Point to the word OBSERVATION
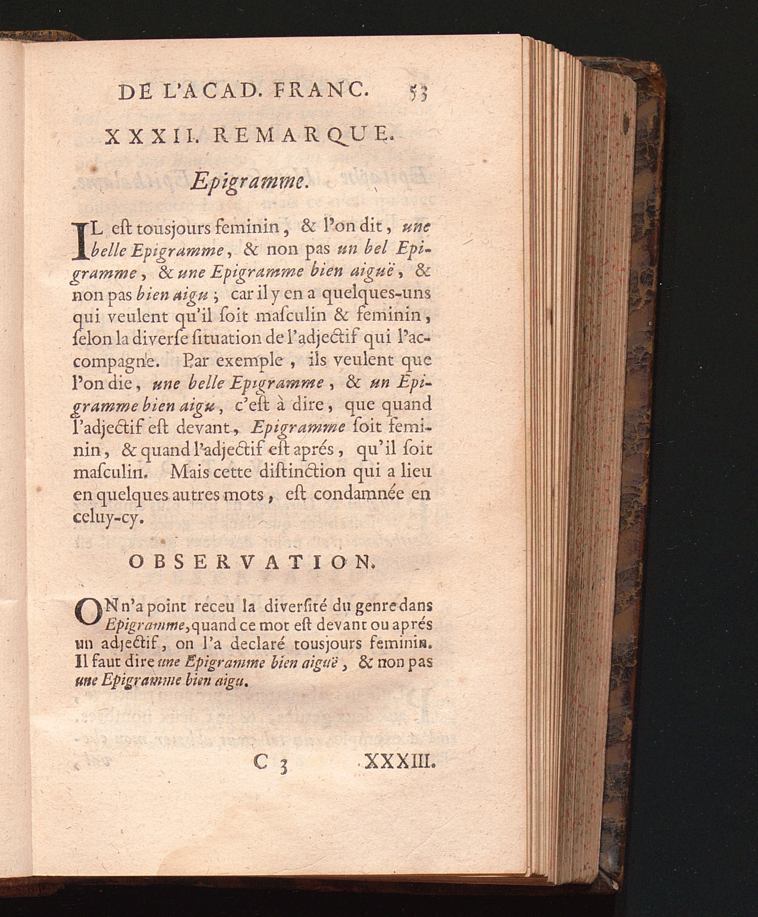pos(253,563)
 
